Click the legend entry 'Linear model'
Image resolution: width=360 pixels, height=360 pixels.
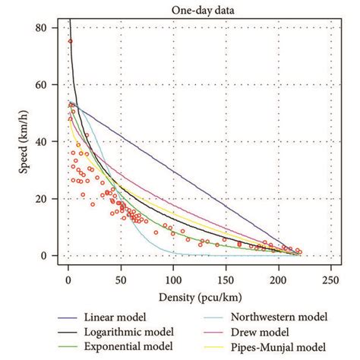125,316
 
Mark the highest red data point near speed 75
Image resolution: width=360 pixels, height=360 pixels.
71,42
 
